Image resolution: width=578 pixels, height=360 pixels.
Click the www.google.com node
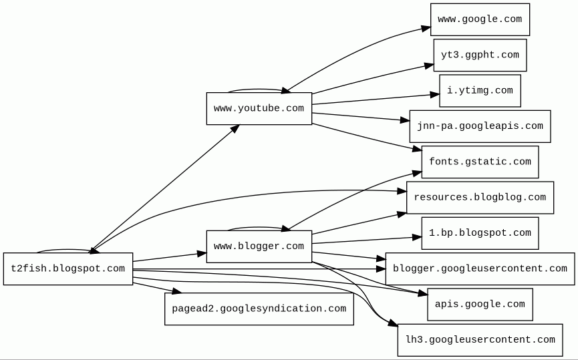(480, 19)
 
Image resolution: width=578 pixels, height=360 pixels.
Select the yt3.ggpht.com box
(480, 55)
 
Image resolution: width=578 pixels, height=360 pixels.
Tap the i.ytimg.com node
(480, 91)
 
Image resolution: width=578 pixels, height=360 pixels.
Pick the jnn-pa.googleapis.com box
(480, 126)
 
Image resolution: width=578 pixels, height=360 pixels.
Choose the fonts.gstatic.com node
(480, 162)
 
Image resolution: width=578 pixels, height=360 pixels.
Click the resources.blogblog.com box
(480, 198)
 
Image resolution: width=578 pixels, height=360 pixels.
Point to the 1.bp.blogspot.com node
(480, 233)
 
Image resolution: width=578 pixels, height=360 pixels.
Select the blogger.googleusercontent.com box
(480, 269)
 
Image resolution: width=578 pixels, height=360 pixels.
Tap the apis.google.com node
(480, 305)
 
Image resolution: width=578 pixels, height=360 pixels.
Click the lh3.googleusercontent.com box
(480, 340)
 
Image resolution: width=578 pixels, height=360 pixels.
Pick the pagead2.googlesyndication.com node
(259, 309)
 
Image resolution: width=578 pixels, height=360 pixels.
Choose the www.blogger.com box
(259, 246)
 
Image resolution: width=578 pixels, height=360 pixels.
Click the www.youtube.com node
(259, 108)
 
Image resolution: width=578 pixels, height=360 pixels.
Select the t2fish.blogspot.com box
(67, 269)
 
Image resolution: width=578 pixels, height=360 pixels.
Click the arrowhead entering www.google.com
(426, 28)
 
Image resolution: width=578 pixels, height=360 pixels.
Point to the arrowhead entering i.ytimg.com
(435, 96)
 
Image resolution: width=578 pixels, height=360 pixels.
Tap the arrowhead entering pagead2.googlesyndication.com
(176, 292)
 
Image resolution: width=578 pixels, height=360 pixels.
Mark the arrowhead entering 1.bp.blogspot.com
(417, 236)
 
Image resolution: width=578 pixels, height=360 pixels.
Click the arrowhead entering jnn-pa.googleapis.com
(405, 121)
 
